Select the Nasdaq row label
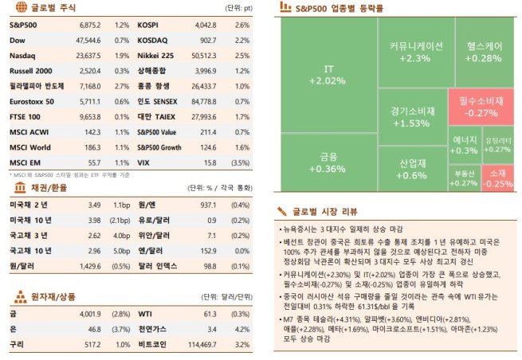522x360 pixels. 22,57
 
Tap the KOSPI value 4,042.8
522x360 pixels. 205,26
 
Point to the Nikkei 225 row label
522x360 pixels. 156,57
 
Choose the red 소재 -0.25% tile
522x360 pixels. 498,178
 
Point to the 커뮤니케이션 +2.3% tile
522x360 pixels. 415,53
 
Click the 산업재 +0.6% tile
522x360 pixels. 411,170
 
